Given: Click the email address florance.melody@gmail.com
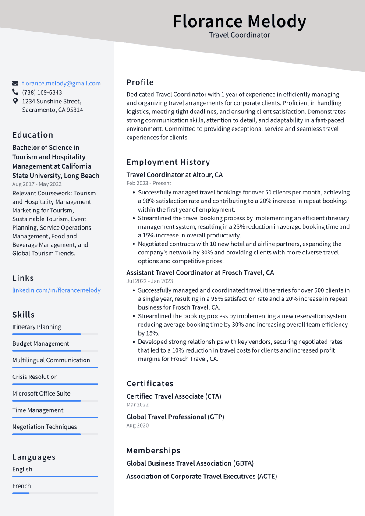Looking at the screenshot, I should tap(61, 83).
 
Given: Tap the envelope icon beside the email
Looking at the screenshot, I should tap(15, 83).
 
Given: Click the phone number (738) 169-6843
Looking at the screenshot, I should tap(42, 92).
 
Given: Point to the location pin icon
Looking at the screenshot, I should tap(15, 101).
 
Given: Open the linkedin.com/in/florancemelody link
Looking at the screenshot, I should tap(56, 290).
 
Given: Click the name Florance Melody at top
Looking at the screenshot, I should tap(239, 21).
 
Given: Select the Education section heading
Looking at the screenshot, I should tap(33, 135).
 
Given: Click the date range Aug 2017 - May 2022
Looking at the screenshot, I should tap(37, 184).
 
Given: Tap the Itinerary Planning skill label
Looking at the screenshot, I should tap(37, 327).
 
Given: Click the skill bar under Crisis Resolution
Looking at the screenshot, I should tap(55, 384).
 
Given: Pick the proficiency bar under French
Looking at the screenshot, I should tap(21, 493).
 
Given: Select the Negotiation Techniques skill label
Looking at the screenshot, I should tap(45, 427).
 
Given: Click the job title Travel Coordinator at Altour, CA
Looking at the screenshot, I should tap(174, 175).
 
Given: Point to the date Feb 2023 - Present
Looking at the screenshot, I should tap(149, 183).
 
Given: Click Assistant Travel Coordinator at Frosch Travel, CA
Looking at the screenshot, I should tap(200, 272).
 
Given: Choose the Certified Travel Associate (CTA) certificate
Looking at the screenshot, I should tap(174, 396).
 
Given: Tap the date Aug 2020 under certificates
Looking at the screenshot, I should tap(138, 425).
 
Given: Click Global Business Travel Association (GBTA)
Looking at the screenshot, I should tap(190, 463).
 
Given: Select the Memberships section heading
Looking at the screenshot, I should tap(153, 450).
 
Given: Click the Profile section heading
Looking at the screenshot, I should tap(140, 82).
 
